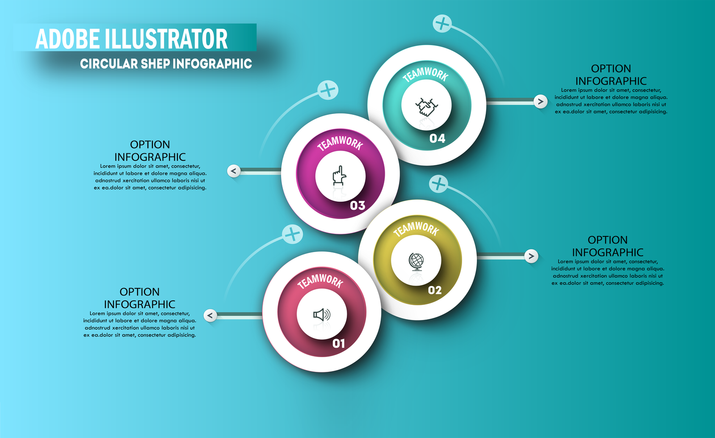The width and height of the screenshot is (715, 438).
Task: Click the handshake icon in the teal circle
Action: [426, 107]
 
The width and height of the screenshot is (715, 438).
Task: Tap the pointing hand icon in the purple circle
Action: [340, 175]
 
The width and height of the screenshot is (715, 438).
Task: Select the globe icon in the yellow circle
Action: [416, 262]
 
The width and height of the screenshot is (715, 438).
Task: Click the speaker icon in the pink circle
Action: [322, 315]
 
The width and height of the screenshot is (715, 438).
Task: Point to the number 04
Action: [437, 138]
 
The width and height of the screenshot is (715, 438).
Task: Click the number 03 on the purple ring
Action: [357, 205]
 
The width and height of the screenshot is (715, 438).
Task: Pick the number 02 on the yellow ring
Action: [435, 290]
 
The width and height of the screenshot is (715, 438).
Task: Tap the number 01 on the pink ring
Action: [339, 344]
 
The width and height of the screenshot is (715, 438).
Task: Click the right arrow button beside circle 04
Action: [540, 101]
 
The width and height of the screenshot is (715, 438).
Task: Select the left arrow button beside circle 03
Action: [234, 171]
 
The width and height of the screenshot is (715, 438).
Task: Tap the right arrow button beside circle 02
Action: [531, 256]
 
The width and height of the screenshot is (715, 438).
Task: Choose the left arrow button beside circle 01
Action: [210, 316]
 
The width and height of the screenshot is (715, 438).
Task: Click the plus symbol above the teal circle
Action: [442, 23]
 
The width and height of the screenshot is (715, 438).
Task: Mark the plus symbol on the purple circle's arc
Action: [328, 90]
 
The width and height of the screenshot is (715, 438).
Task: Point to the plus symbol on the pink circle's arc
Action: [292, 234]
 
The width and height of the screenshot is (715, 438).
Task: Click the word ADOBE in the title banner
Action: [67, 39]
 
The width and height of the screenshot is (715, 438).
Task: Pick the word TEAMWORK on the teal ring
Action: [425, 75]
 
